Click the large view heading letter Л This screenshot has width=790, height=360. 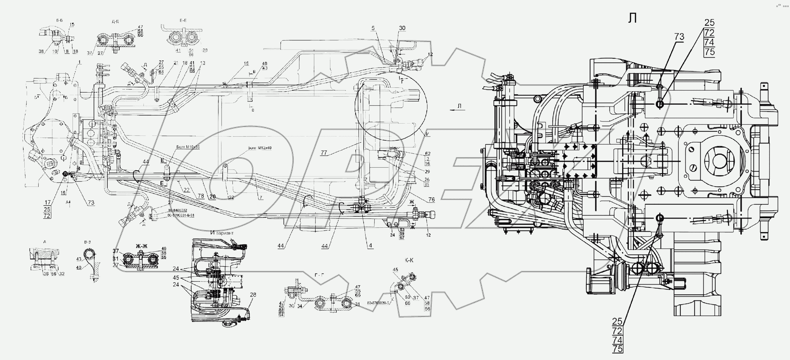click(x=632, y=18)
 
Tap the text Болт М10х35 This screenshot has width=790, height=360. click(x=188, y=147)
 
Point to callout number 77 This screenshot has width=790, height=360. click(x=324, y=152)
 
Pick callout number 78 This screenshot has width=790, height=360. click(x=201, y=196)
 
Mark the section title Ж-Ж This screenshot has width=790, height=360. click(x=141, y=246)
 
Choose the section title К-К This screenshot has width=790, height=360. click(x=409, y=260)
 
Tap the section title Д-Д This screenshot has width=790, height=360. click(x=115, y=21)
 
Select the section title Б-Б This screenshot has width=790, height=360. click(x=59, y=20)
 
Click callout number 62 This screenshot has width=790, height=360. click(x=427, y=153)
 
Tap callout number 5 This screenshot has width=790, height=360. click(x=373, y=28)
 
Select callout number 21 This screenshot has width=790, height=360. click(x=176, y=63)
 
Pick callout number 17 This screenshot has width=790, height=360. click(x=47, y=202)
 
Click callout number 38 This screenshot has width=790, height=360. click(x=41, y=52)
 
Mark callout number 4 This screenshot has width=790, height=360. click(x=370, y=245)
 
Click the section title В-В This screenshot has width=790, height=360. click(x=87, y=242)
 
